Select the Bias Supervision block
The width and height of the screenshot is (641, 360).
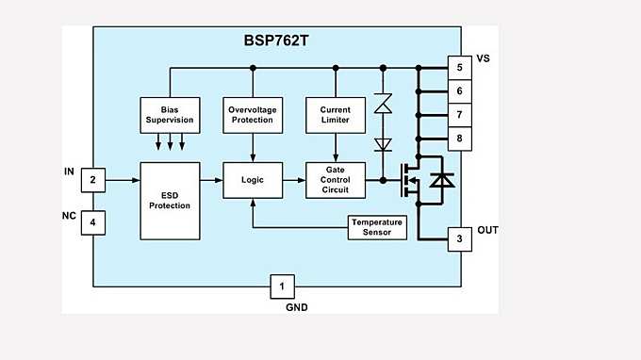[x=170, y=114]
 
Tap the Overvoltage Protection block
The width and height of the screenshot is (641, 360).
[x=252, y=114]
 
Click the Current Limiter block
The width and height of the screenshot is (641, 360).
[x=335, y=114]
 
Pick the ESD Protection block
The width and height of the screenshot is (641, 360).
[x=170, y=200]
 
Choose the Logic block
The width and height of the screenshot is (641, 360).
[x=252, y=179]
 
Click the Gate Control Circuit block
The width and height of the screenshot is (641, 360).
[x=335, y=179]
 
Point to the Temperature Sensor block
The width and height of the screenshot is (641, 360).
[x=376, y=227]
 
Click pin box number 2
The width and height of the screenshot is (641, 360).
[x=93, y=179]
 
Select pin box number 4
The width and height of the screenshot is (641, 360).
[x=93, y=222]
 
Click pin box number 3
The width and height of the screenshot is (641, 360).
[x=459, y=239]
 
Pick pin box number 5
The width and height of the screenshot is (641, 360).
[x=459, y=68]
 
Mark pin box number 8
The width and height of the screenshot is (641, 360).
[x=459, y=139]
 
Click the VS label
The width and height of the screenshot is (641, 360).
[x=484, y=59]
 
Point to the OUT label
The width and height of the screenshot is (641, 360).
[x=487, y=231]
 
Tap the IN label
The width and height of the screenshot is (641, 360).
[x=68, y=171]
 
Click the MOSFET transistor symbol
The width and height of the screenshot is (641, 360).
[x=412, y=179]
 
